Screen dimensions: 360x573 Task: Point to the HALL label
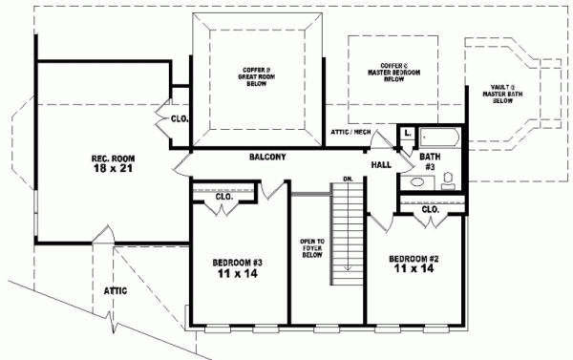(383, 164)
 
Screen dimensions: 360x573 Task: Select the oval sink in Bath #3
(417, 180)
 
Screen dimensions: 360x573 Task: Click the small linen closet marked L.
(407, 133)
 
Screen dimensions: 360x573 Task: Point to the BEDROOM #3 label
(237, 262)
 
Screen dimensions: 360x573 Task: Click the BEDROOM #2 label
(414, 258)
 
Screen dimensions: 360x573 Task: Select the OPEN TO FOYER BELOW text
(311, 247)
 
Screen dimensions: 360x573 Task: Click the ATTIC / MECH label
(350, 131)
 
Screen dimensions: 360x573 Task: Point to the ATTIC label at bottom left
(117, 287)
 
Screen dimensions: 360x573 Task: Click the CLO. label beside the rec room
(179, 119)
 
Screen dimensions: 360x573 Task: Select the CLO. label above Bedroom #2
(430, 209)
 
